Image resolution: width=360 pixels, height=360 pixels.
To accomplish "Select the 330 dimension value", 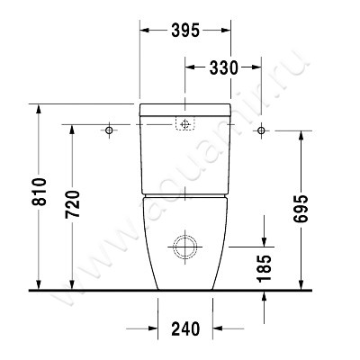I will point(222,67).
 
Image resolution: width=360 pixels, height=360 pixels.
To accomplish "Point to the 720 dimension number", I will point(74,207).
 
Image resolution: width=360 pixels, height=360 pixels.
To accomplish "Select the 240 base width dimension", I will point(185,328).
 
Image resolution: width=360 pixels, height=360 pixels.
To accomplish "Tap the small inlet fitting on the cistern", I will point(186,125).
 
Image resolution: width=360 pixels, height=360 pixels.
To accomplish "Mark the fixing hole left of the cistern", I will point(110,131).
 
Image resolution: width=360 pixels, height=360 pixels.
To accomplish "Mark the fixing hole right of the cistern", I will point(262,131).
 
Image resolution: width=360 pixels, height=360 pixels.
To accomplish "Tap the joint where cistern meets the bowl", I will point(185,193).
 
